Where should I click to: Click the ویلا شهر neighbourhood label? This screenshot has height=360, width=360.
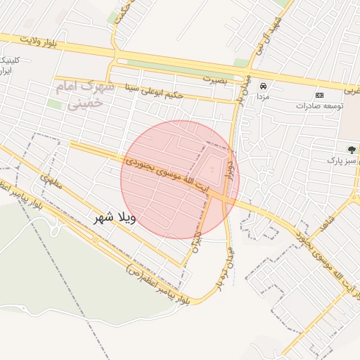114,218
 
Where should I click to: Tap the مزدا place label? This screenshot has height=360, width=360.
263,95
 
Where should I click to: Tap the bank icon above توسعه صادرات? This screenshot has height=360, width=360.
320,95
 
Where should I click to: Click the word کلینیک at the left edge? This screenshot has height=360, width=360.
14,60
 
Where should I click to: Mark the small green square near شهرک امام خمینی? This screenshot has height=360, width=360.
54,104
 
